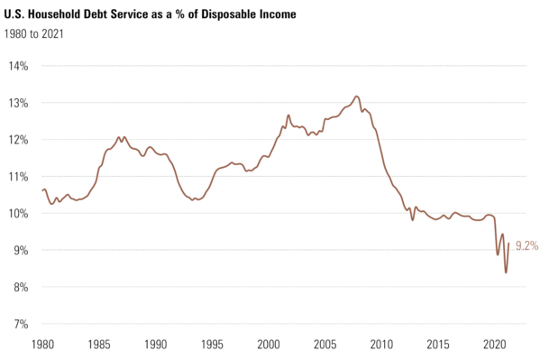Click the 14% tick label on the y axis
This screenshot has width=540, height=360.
(19, 66)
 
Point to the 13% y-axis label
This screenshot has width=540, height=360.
(19, 103)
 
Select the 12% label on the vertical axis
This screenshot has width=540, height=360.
(19, 140)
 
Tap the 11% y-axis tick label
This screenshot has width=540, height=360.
(19, 177)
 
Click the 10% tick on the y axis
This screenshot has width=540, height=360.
(19, 214)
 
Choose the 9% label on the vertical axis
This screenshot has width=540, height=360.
(21, 250)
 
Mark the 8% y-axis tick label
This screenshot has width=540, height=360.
(21, 287)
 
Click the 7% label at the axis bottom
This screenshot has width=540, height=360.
(21, 324)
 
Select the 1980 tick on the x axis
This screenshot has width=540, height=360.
(42, 345)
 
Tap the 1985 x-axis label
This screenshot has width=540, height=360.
(99, 345)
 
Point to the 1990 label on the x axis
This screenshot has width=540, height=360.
(156, 345)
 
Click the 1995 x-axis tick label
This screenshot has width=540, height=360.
(213, 345)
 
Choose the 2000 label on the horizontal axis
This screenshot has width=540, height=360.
(269, 345)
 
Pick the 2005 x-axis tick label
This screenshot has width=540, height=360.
(325, 345)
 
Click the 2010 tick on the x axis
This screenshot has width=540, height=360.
(382, 345)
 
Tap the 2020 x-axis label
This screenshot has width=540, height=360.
(495, 345)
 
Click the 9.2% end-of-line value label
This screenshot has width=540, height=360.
(526, 244)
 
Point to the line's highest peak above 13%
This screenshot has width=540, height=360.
(356, 96)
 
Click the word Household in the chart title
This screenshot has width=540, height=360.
(65, 16)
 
